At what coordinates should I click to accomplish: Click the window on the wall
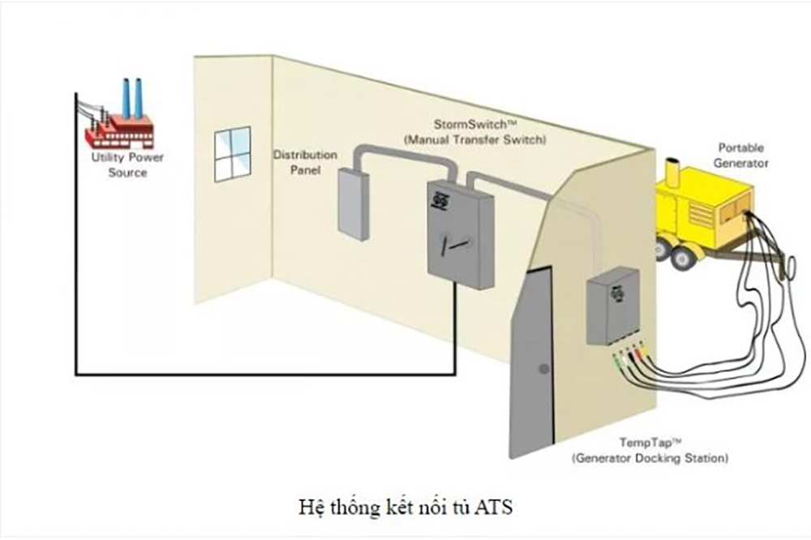232,154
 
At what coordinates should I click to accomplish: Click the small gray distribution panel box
354,203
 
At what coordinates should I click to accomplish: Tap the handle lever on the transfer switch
460,242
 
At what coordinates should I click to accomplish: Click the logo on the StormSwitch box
442,198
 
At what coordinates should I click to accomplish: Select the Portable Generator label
743,155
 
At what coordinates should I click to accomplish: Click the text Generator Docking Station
650,458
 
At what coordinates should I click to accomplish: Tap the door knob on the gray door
545,369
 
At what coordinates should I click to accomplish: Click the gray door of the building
530,361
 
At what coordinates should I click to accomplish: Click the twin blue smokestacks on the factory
132,96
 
